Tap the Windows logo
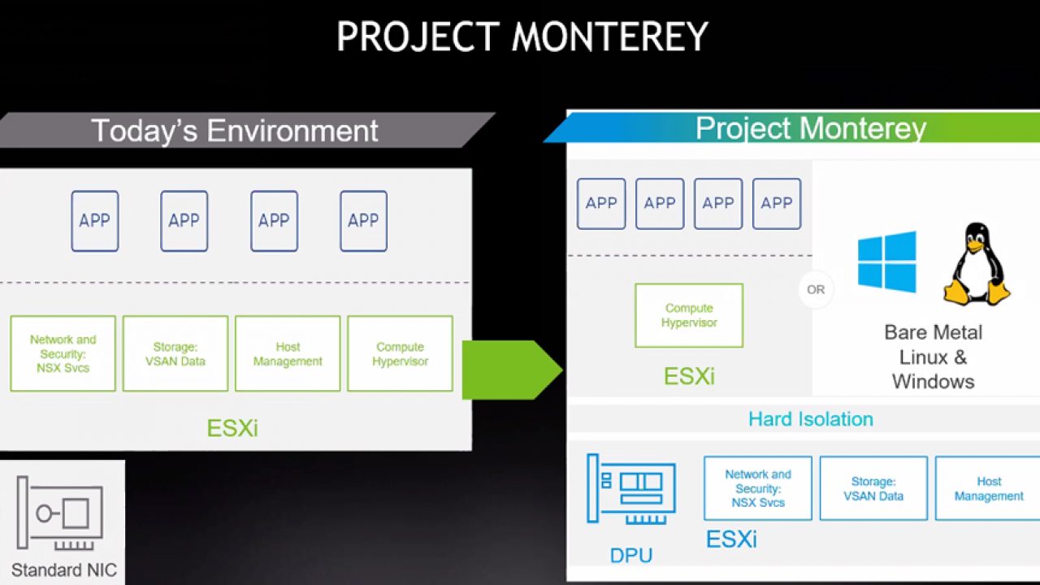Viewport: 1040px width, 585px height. click(886, 262)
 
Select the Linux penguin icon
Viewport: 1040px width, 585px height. click(977, 264)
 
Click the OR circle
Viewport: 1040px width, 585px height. click(816, 290)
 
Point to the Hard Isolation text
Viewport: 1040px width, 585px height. click(811, 418)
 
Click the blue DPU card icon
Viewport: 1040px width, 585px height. click(631, 489)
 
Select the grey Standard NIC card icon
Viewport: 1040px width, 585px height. click(60, 513)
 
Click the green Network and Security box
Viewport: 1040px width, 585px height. click(63, 353)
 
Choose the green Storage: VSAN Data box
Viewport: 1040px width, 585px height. click(175, 353)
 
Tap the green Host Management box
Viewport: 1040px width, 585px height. click(288, 353)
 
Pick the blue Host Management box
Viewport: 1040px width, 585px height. click(988, 488)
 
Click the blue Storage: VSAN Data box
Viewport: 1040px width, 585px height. click(873, 488)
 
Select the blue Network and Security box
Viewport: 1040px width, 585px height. click(758, 488)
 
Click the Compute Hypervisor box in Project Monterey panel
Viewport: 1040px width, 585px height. click(689, 315)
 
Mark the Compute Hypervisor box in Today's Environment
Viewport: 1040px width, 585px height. click(401, 353)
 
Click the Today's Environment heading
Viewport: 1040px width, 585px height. click(235, 130)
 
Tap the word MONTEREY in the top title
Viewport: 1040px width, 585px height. click(609, 37)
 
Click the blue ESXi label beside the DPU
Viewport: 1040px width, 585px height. click(731, 539)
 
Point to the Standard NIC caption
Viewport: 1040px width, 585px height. click(64, 570)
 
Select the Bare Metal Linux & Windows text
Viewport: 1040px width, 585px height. click(934, 357)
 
